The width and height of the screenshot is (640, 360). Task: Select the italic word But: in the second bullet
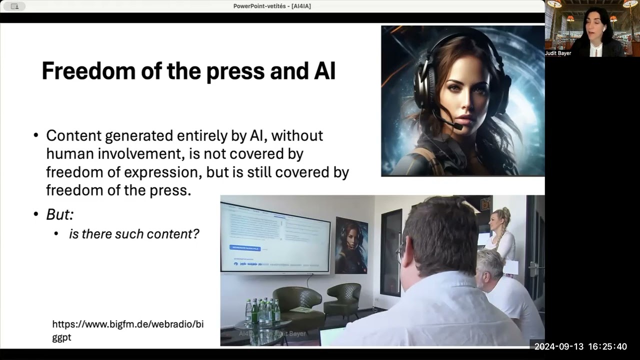(x=60, y=214)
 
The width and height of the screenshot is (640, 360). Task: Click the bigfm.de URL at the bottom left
(x=127, y=330)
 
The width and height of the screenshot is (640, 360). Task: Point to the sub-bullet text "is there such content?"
(x=134, y=233)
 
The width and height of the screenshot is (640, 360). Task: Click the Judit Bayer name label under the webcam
(x=558, y=53)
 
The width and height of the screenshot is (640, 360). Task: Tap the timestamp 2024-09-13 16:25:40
(x=580, y=346)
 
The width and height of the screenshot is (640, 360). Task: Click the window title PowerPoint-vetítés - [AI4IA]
(x=272, y=6)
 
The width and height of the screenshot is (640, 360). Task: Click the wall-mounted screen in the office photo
(x=275, y=238)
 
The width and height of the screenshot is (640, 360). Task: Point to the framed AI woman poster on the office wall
(x=351, y=245)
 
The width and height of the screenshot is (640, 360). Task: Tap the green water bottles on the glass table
(x=262, y=311)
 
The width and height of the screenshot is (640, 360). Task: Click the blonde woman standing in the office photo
(x=500, y=235)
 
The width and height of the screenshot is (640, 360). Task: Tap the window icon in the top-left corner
(x=14, y=6)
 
